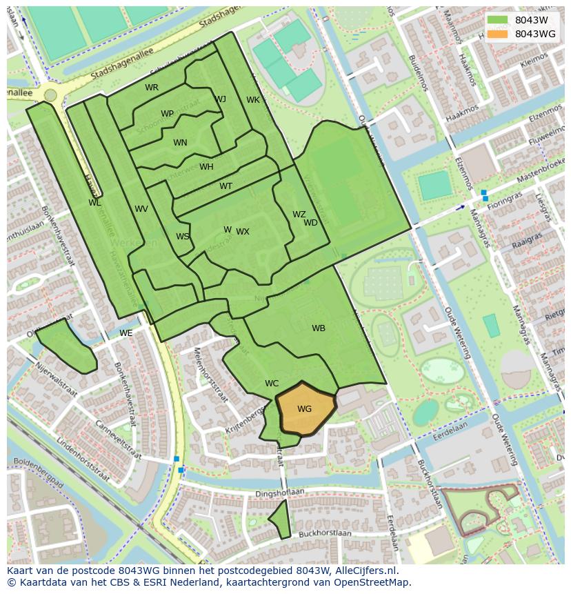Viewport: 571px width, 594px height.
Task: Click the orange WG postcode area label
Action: coord(304,409)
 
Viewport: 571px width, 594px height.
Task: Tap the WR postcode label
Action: coord(152,88)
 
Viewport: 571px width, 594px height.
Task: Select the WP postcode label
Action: coord(167,114)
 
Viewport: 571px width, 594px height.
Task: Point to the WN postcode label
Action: coord(180,143)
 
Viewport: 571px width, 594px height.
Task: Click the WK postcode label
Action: coord(253,100)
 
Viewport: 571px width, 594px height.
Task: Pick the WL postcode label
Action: coord(94,203)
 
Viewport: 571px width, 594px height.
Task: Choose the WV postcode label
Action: coord(141,209)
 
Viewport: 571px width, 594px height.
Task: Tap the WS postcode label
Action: coord(182,237)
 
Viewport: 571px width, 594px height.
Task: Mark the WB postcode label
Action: coord(318,328)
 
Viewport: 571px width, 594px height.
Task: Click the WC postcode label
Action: coord(272,384)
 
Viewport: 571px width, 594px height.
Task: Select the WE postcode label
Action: coord(126,333)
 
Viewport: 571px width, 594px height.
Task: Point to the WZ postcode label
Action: coord(299,215)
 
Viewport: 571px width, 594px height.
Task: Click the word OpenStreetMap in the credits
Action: coord(372,582)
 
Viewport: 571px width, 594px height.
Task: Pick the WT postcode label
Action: coord(226,186)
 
